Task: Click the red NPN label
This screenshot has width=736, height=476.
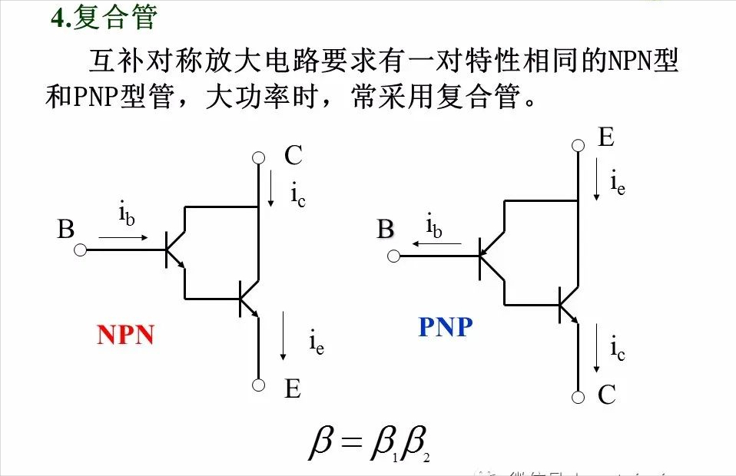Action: [x=125, y=335]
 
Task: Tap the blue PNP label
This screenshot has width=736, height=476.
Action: [x=446, y=328]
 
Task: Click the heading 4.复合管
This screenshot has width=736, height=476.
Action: [x=103, y=17]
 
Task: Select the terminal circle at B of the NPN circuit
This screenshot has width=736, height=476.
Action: [x=80, y=250]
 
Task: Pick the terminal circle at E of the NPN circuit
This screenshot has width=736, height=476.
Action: [x=258, y=385]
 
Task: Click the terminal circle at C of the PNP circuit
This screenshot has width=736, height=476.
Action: [x=577, y=397]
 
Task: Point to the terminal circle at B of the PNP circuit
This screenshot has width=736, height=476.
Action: [x=393, y=256]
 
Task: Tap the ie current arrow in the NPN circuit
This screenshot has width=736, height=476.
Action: [x=284, y=336]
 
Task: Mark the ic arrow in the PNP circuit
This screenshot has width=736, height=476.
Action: [x=597, y=347]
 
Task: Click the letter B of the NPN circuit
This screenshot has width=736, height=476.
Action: [x=66, y=230]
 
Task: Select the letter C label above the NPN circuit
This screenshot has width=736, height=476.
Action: [x=293, y=156]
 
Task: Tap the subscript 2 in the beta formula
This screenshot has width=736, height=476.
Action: [x=425, y=458]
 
